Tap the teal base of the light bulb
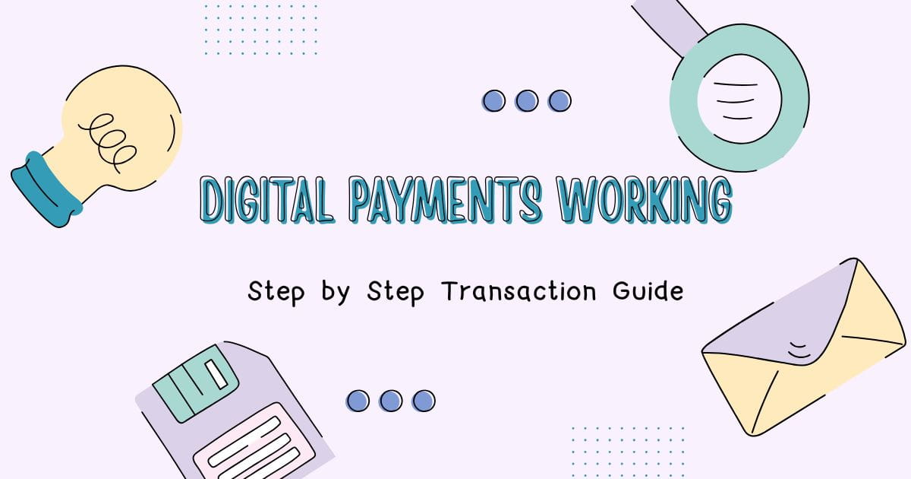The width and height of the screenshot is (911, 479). [46, 189]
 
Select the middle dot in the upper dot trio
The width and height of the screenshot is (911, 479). [526, 100]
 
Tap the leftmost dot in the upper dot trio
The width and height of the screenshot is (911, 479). [493, 100]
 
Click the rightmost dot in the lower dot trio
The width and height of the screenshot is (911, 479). [423, 401]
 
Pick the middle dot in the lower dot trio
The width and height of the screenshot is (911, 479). [390, 401]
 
